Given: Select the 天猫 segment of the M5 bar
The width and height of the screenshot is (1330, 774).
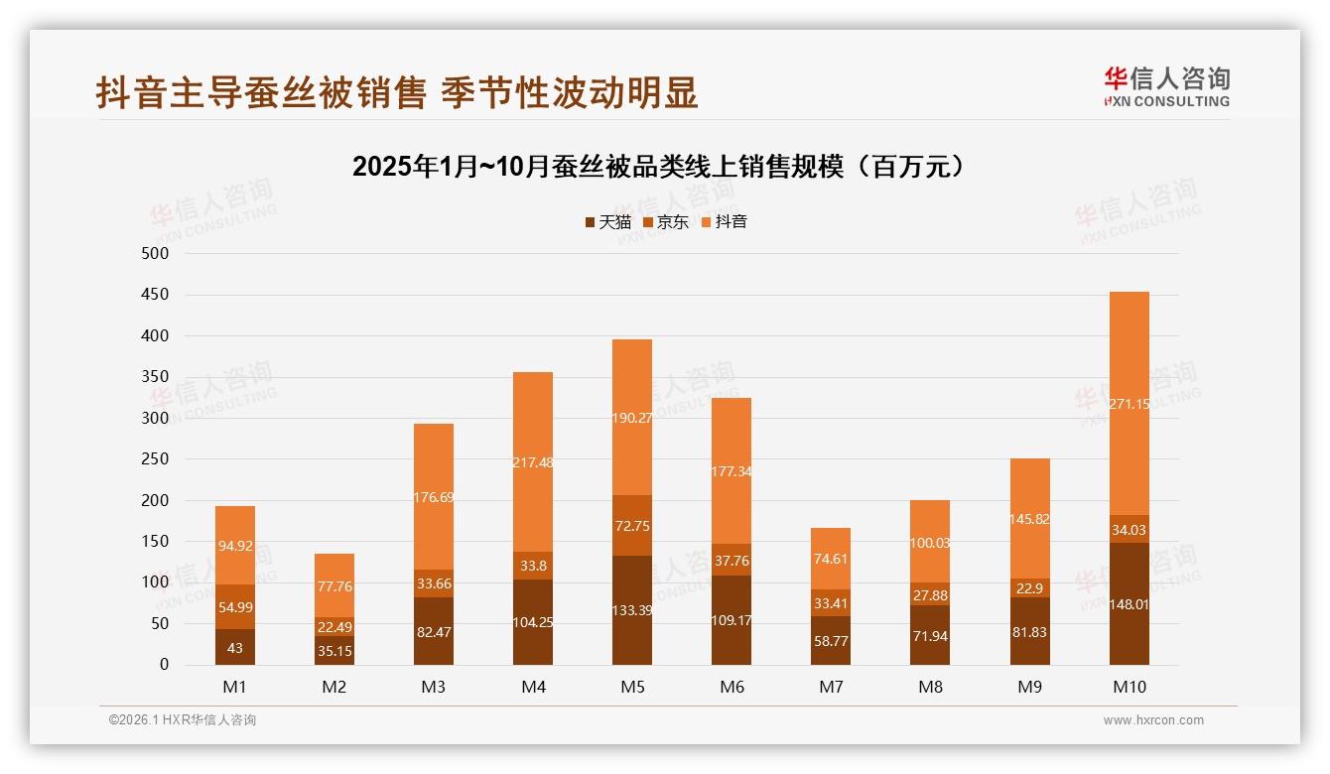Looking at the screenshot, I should [632, 610].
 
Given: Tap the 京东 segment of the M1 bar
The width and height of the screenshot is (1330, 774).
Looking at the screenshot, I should [235, 606].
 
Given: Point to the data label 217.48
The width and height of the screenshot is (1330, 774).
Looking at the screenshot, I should [533, 462].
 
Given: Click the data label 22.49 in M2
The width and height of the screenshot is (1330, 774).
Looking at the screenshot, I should [334, 626].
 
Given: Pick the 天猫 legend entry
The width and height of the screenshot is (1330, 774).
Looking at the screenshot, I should [608, 222].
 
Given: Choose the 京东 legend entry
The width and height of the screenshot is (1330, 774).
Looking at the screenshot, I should [666, 222].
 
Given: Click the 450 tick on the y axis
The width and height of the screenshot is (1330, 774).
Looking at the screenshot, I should [156, 295].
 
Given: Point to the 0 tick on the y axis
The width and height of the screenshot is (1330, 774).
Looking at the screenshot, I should [164, 665].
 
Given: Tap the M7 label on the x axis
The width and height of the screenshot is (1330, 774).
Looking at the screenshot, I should [831, 688].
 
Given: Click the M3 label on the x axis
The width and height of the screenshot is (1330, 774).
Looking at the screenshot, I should [434, 688].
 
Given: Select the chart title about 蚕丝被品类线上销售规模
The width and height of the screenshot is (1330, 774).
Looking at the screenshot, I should [658, 167].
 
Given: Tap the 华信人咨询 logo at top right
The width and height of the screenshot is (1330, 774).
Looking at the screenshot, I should [1166, 87].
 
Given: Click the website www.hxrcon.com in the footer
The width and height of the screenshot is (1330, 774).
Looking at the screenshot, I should [1153, 720].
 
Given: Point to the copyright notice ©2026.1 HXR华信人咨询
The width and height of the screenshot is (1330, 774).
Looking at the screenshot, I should [183, 720].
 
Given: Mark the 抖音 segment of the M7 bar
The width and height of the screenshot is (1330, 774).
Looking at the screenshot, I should [831, 559].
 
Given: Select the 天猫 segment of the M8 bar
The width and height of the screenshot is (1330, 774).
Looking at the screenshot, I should [930, 635].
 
